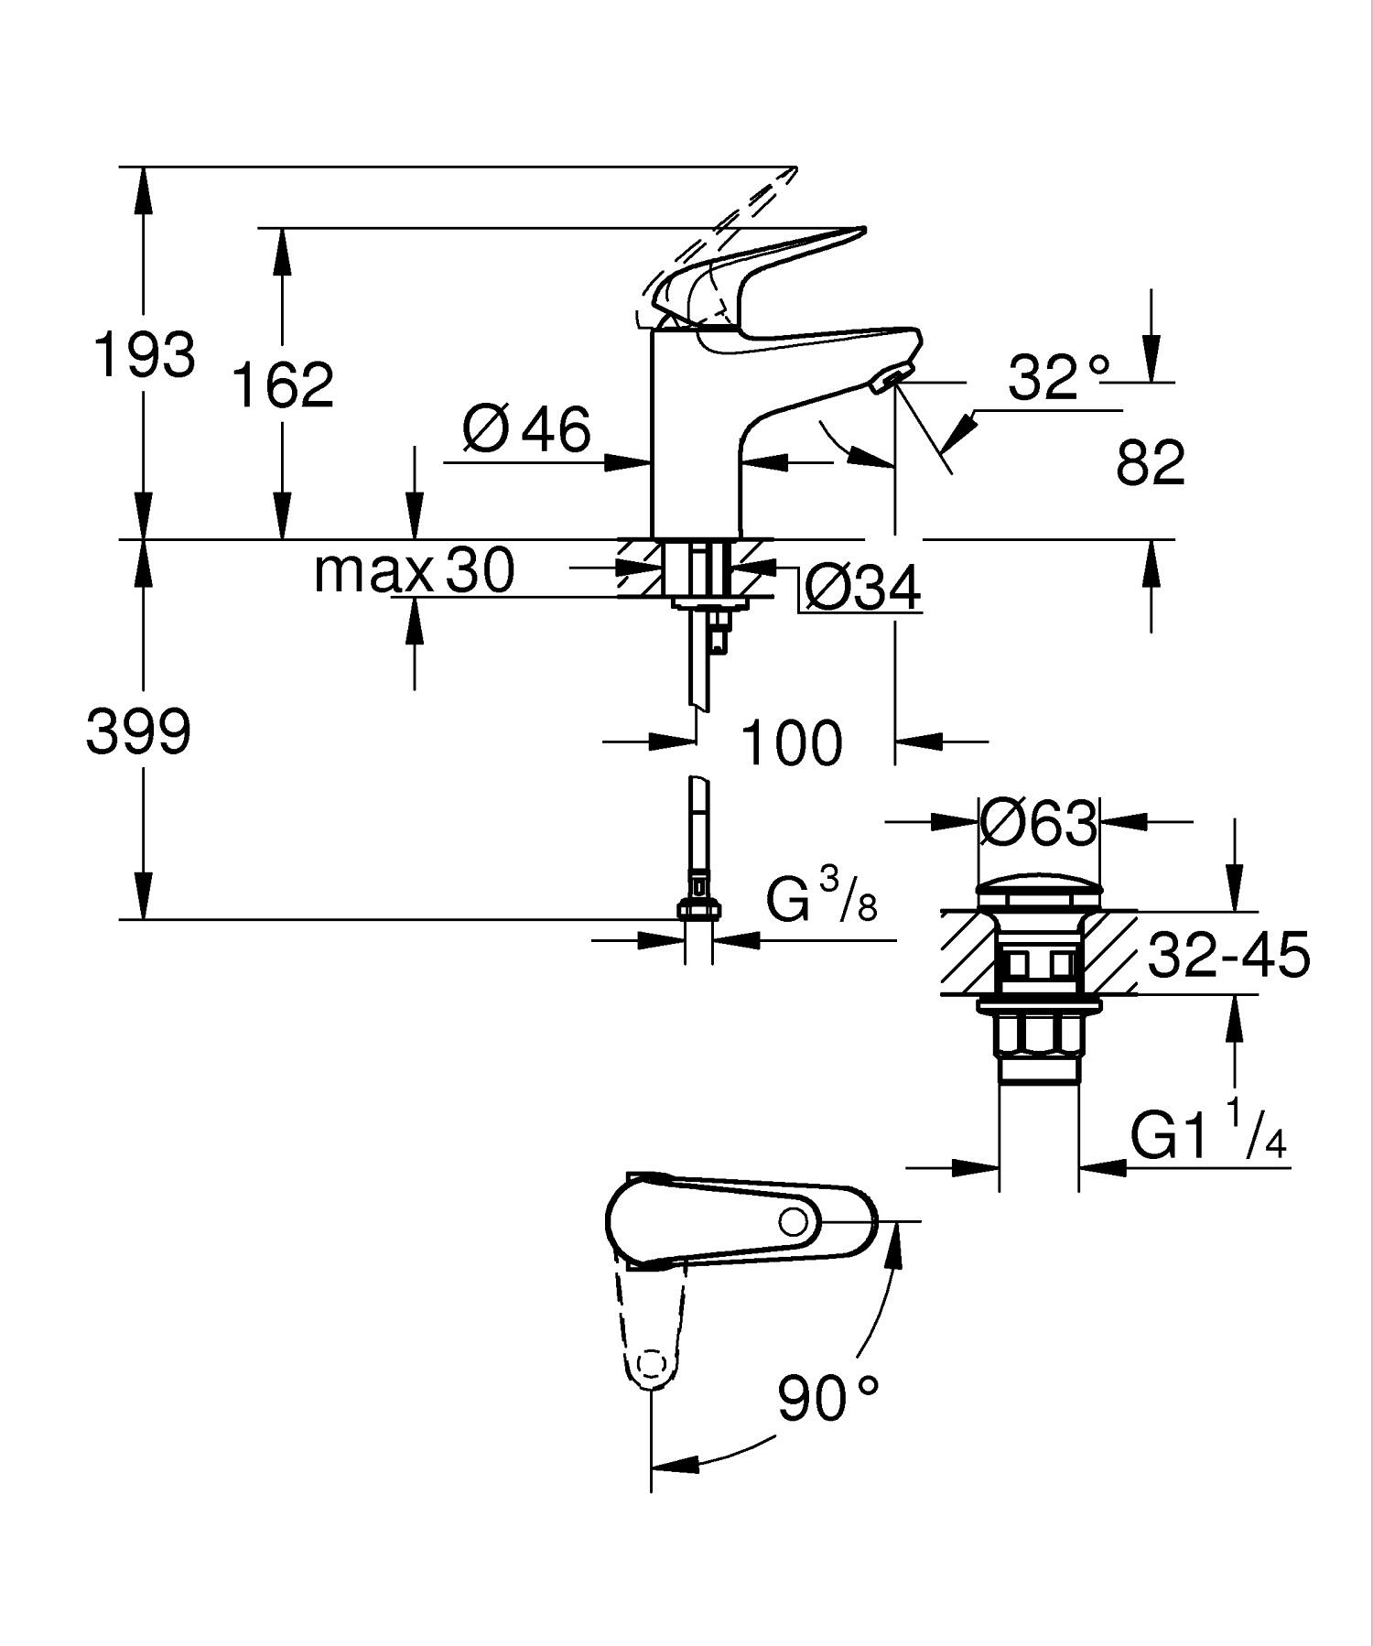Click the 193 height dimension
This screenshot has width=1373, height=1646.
point(144,354)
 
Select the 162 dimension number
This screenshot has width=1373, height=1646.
point(283,384)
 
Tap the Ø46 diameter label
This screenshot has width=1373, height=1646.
point(527,428)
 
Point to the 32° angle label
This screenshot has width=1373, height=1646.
point(1058,377)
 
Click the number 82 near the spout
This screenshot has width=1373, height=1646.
point(1150,463)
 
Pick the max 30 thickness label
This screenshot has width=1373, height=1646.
point(414,571)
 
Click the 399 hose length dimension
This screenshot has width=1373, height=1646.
point(138,732)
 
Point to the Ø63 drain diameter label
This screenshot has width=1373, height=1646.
point(1037,823)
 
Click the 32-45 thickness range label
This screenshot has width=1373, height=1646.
point(1228,956)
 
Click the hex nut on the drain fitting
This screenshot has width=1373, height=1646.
point(1037,1035)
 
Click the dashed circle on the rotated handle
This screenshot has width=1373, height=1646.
point(650,1367)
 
